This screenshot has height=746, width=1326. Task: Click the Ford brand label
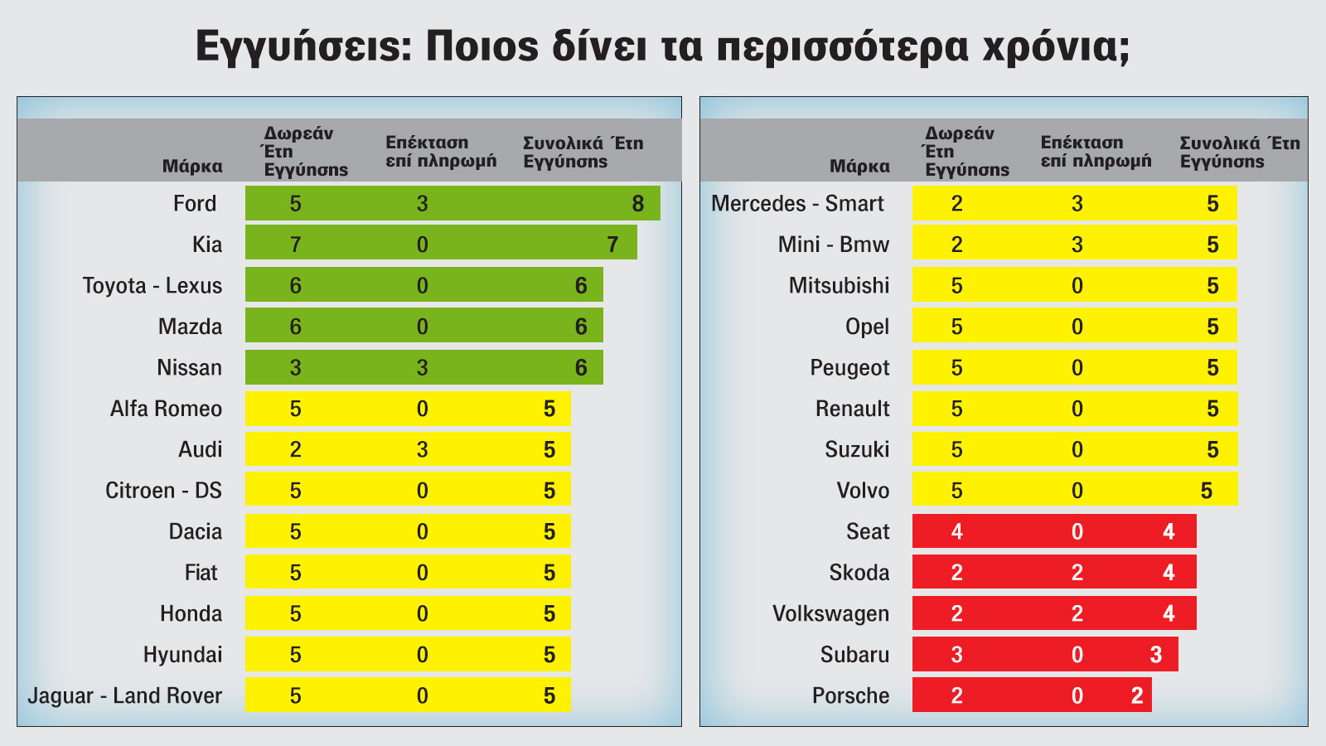click(x=195, y=204)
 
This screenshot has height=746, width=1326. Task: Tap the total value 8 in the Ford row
click(x=637, y=204)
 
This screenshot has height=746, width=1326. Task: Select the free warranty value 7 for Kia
click(x=295, y=245)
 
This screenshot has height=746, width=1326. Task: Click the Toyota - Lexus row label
click(x=152, y=286)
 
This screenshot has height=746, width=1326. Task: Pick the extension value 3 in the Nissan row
click(x=422, y=368)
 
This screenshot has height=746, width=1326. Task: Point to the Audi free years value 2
click(x=295, y=450)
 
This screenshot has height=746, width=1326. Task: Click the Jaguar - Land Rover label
click(x=125, y=695)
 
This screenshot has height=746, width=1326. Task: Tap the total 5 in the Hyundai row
click(x=549, y=655)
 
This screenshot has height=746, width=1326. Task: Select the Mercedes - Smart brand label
click(x=797, y=204)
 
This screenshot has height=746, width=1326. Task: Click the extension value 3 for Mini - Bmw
click(x=1077, y=245)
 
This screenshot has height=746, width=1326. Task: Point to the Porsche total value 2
click(x=1136, y=695)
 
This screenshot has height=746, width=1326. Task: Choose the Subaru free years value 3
click(x=956, y=655)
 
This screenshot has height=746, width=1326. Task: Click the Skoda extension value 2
click(x=1077, y=573)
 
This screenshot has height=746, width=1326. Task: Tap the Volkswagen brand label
click(x=830, y=614)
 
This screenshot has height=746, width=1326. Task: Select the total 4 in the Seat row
click(x=1168, y=532)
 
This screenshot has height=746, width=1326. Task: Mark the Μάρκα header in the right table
click(x=859, y=167)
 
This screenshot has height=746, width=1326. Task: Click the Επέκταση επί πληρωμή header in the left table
click(x=441, y=152)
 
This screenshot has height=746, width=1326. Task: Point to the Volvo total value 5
click(x=1206, y=491)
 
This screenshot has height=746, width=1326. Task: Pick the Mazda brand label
click(x=190, y=327)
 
